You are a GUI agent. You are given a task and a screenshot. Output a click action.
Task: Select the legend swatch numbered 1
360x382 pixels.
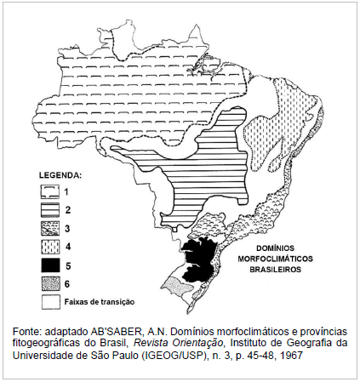pyautogui.click(x=50, y=193)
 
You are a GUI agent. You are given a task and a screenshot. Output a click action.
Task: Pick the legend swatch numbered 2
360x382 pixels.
pyautogui.click(x=50, y=209)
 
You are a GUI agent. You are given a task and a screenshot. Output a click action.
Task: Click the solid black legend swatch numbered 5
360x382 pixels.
pyautogui.click(x=50, y=263)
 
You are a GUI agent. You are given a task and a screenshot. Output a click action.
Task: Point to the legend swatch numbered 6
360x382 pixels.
pyautogui.click(x=50, y=282)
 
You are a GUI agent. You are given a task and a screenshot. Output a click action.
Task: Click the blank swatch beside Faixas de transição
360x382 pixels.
pyautogui.click(x=50, y=300)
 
